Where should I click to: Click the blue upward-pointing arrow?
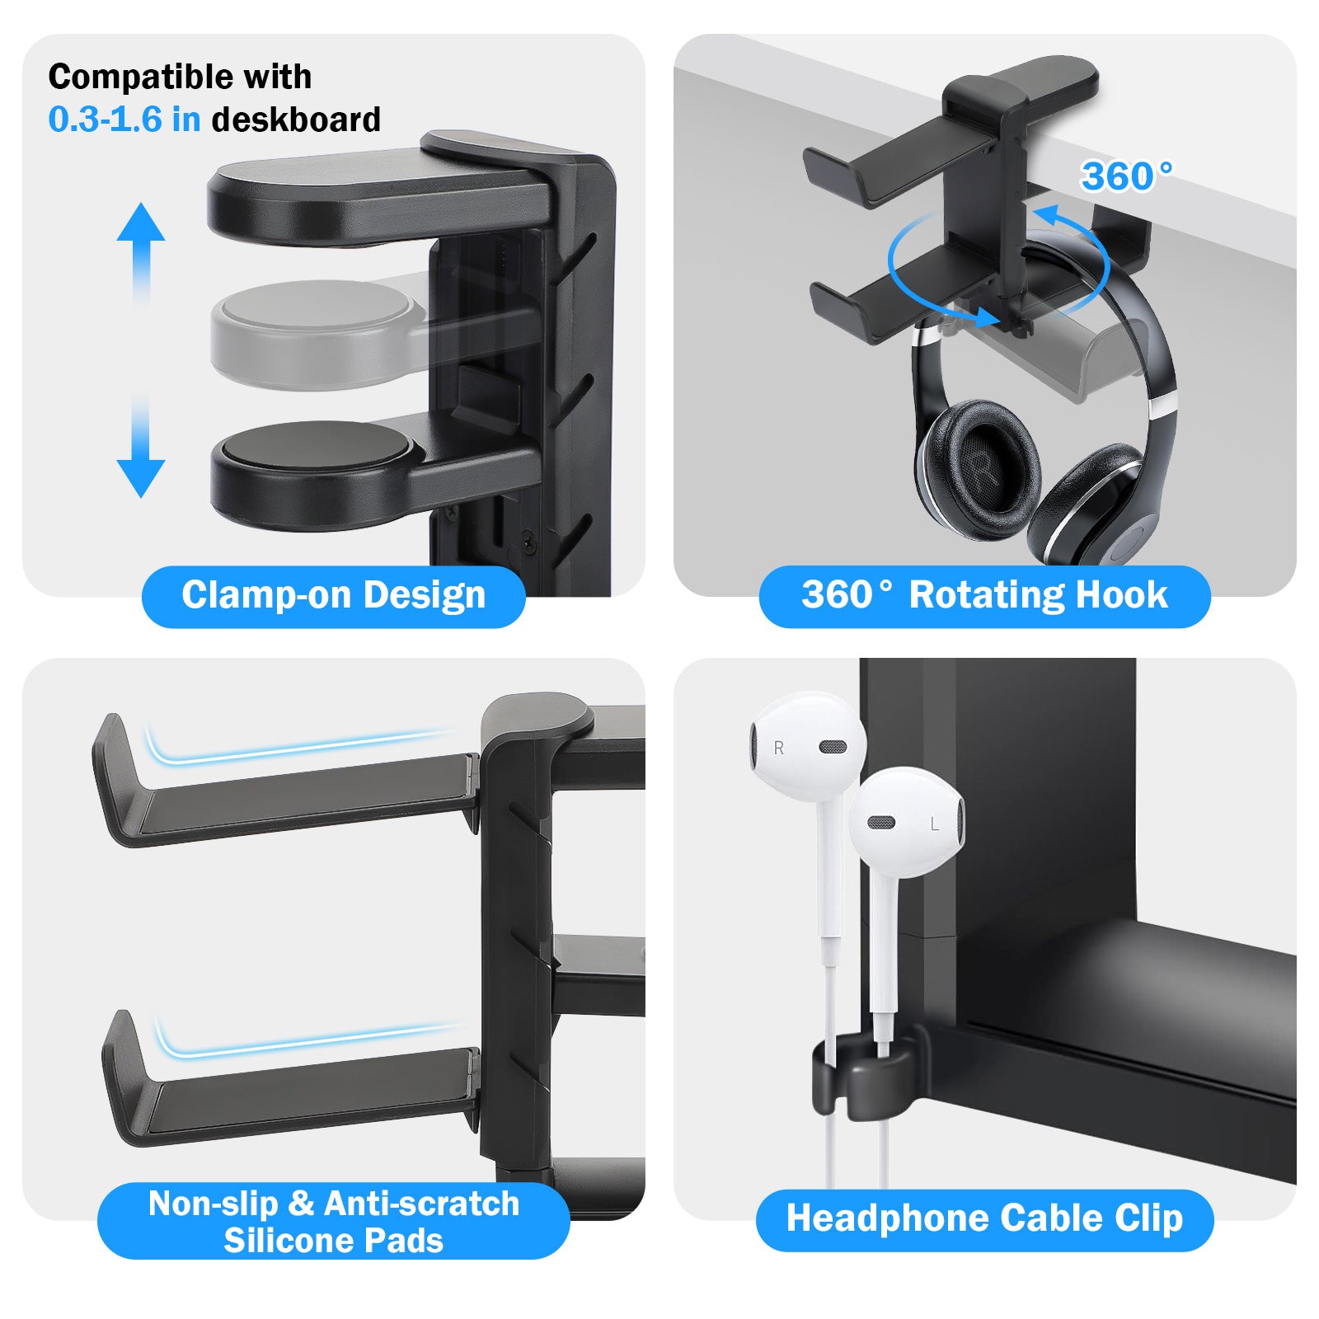click(141, 251)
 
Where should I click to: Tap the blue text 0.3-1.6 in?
click(124, 120)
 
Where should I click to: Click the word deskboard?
click(296, 120)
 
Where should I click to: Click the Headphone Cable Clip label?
click(984, 1219)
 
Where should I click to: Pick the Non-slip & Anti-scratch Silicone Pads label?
click(333, 1221)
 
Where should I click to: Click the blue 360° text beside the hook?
click(1126, 176)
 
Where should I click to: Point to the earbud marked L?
click(907, 821)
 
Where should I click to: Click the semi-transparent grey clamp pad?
click(313, 334)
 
